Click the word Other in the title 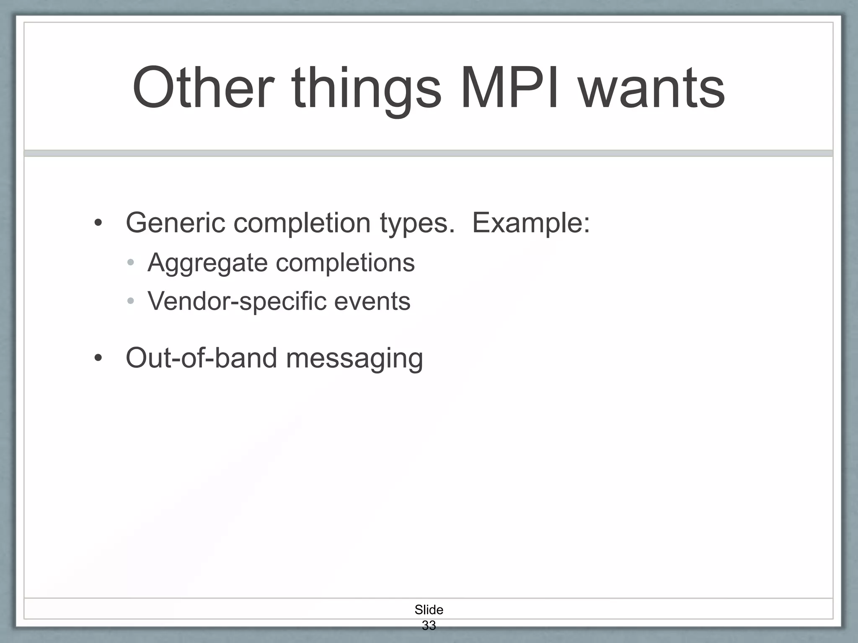204,88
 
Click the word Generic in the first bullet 175,223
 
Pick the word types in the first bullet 417,224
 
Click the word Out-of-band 202,358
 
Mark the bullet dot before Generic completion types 98,223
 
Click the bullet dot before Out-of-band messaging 98,358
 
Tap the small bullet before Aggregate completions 131,263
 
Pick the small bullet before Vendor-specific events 131,301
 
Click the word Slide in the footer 429,610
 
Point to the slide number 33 429,625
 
